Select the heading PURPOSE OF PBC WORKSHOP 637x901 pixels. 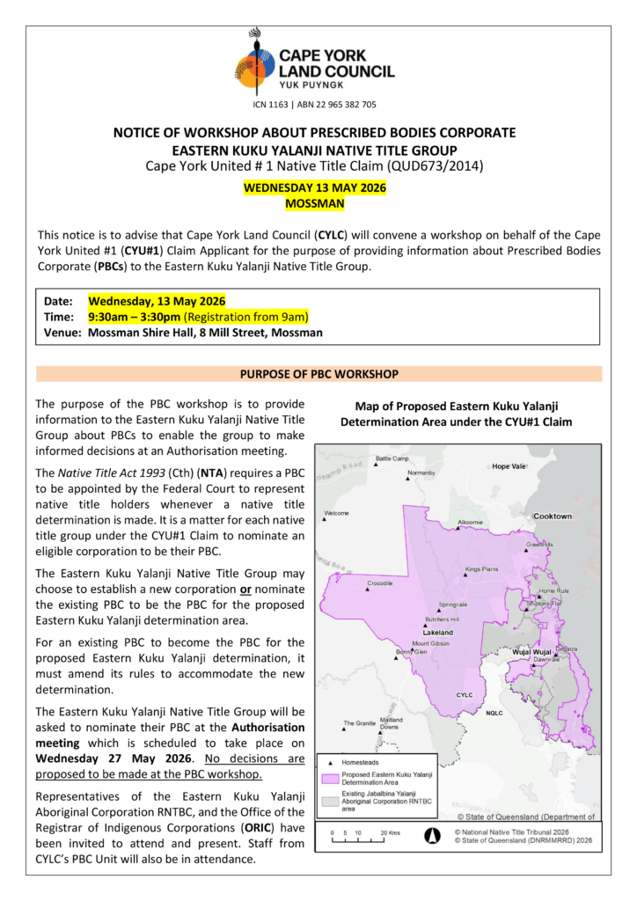click(318, 374)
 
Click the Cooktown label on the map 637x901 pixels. click(553, 516)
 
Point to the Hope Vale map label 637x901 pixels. click(508, 466)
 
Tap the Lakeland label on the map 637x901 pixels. click(437, 633)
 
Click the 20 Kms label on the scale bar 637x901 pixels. click(390, 831)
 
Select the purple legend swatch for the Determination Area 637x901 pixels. click(331, 778)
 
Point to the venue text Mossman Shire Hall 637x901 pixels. click(141, 333)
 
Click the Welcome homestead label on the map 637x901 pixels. click(337, 513)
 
